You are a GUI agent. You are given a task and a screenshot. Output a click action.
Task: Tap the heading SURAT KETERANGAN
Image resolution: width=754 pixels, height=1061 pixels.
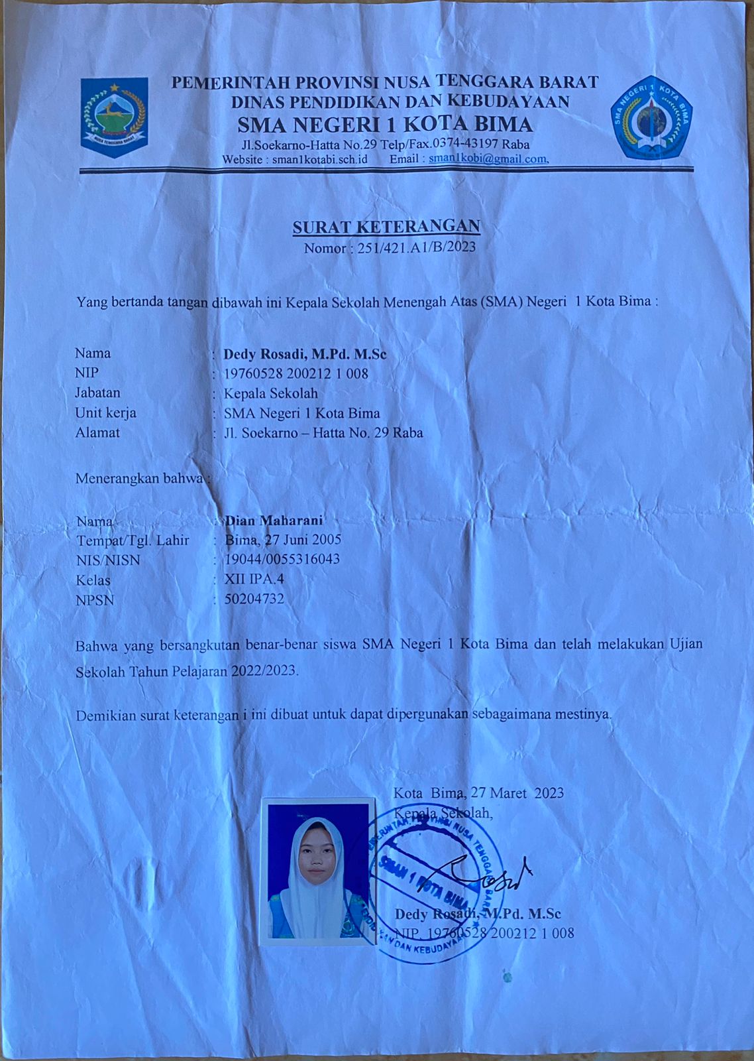tap(386, 227)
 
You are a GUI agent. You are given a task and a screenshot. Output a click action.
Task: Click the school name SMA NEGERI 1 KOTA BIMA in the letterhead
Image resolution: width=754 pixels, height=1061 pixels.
tap(385, 124)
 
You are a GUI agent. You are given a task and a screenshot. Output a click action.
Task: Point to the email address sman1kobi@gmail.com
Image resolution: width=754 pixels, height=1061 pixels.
tap(487, 158)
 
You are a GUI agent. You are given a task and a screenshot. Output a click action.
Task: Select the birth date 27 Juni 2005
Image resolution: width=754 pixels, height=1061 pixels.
tap(303, 539)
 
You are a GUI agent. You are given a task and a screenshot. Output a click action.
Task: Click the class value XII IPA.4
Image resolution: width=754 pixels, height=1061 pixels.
tap(254, 579)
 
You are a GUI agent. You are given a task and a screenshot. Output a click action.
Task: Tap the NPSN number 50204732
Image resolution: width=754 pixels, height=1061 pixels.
tap(254, 599)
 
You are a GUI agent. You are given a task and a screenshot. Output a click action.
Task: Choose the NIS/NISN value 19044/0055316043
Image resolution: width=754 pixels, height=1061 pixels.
tap(282, 559)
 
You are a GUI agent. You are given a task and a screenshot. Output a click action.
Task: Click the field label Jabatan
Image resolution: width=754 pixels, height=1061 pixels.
tap(97, 393)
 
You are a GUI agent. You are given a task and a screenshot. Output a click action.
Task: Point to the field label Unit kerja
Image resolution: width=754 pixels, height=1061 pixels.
tap(105, 412)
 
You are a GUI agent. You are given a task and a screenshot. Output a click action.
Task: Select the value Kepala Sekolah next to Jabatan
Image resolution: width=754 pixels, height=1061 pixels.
tap(270, 393)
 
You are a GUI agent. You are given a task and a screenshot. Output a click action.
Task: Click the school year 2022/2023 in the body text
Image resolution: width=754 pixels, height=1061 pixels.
tap(263, 670)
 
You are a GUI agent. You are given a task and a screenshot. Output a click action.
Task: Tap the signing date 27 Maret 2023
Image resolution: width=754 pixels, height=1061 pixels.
tap(517, 793)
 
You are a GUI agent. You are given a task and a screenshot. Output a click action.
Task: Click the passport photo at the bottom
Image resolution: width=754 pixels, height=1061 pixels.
tap(319, 871)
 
